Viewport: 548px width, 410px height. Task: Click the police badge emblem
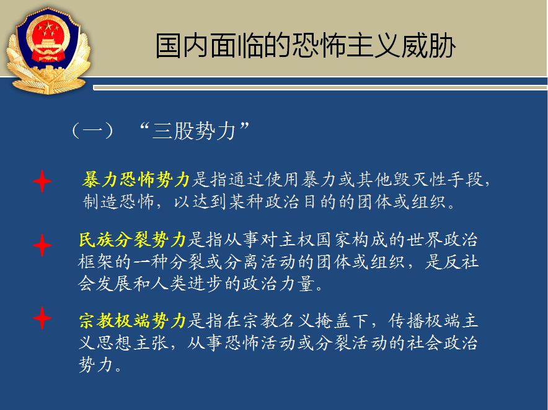click(x=48, y=51)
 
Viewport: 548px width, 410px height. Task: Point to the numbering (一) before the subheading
click(x=92, y=131)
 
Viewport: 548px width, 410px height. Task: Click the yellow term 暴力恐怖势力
click(x=136, y=180)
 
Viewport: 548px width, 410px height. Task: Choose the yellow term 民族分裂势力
click(x=133, y=240)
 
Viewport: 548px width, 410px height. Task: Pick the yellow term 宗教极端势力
click(x=133, y=321)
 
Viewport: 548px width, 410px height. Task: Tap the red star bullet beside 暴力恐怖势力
click(x=42, y=181)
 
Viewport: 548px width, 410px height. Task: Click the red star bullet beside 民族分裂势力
click(x=42, y=245)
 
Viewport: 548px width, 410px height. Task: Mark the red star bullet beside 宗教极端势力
click(x=42, y=318)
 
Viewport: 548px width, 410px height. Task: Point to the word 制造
click(x=100, y=201)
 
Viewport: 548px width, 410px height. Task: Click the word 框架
click(x=95, y=261)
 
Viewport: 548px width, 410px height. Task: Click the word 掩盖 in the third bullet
click(x=333, y=321)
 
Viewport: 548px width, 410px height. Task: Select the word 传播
click(x=406, y=321)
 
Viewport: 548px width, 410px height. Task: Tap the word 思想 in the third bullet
click(x=114, y=343)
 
